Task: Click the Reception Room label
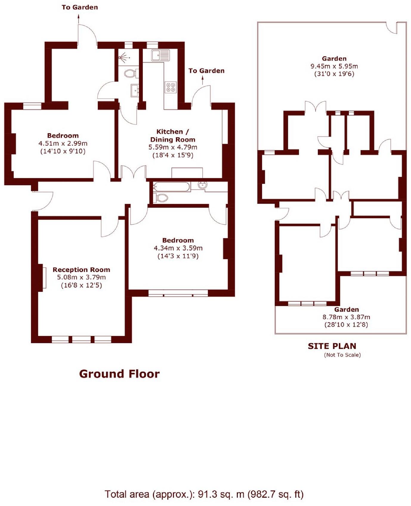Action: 81,270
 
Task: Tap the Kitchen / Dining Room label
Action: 173,136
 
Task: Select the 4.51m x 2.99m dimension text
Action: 63,143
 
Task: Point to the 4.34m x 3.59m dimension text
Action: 178,248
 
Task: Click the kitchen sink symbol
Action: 160,55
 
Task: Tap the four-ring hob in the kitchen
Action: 171,87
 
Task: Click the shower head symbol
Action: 123,57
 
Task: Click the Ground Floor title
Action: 119,374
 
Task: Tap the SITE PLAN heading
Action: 332,346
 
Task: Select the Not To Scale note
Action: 342,355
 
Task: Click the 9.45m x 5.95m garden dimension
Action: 334,66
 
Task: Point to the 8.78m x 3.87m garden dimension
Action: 346,317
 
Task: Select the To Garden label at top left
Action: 80,7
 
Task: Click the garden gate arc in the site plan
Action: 391,29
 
